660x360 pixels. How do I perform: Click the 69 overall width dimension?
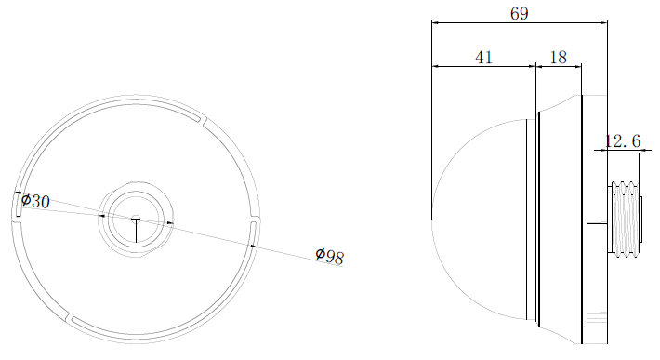point(519,13)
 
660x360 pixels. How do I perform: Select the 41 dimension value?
point(483,58)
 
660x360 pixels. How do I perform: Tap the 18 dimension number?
point(559,58)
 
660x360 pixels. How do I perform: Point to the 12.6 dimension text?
point(623,140)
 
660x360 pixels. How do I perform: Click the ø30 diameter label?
point(35,201)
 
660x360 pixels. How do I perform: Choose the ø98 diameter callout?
point(330,256)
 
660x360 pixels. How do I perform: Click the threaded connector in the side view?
point(625,219)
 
